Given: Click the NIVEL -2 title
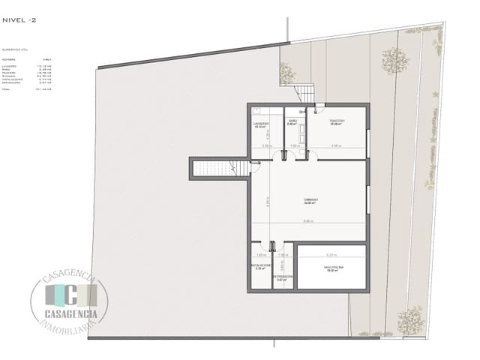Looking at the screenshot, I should coord(18,21).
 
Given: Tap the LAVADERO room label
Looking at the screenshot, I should coord(261,123).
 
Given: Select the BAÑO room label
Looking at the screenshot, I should coord(292,121).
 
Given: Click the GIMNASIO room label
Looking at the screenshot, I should coord(310,200).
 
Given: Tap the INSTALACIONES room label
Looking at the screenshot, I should coord(260,266).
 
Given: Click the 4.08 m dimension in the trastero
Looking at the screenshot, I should coord(337,145).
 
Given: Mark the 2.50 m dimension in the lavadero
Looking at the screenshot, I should coord(268,145).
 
